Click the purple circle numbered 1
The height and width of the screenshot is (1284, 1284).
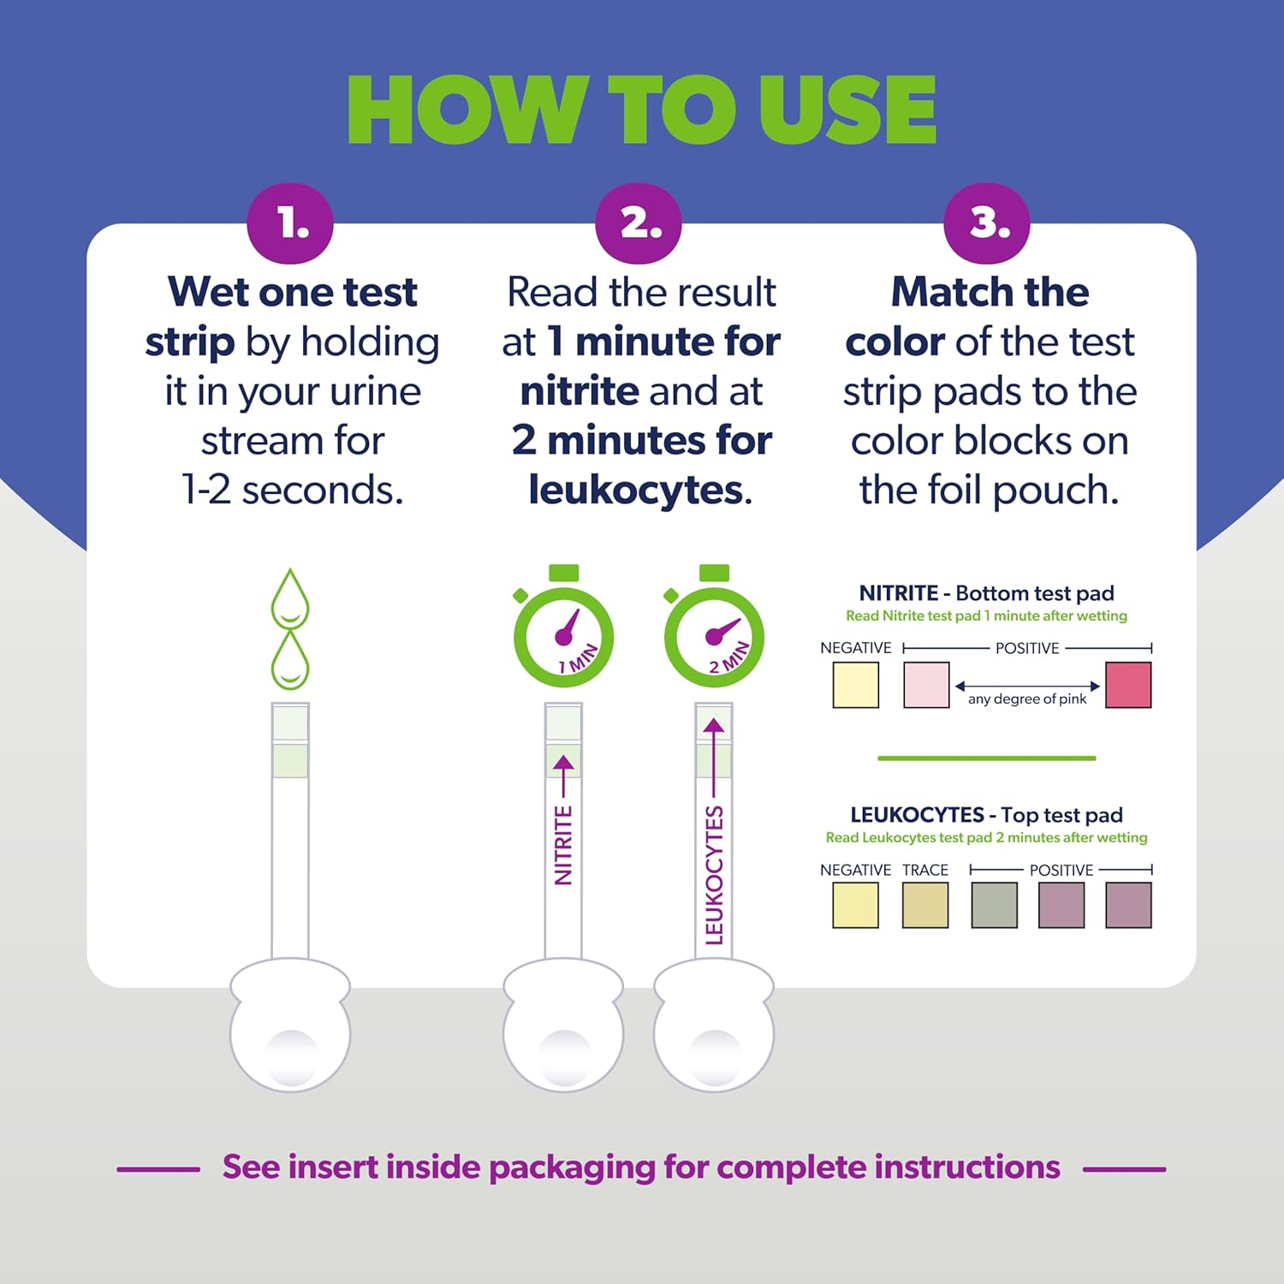pyautogui.click(x=290, y=223)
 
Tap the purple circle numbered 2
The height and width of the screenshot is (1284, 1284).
pyautogui.click(x=639, y=223)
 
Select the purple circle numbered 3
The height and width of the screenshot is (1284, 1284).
pyautogui.click(x=987, y=223)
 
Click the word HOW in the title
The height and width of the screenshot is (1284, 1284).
pyautogui.click(x=467, y=110)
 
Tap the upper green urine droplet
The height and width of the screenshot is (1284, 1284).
pyautogui.click(x=290, y=599)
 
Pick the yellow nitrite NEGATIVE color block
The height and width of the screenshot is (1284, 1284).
pyautogui.click(x=856, y=685)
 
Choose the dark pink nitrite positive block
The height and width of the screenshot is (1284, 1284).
pyautogui.click(x=1128, y=685)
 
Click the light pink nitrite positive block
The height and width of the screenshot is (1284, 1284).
pyautogui.click(x=926, y=685)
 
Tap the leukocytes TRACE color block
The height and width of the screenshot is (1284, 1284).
pyautogui.click(x=925, y=906)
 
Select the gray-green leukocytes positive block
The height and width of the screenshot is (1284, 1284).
pyautogui.click(x=995, y=906)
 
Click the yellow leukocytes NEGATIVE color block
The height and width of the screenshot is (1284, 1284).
pyautogui.click(x=856, y=906)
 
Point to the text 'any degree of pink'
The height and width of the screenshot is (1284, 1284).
pyautogui.click(x=1026, y=699)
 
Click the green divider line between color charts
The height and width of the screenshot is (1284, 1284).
pyautogui.click(x=986, y=758)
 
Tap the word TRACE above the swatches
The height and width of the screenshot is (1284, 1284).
pyautogui.click(x=925, y=870)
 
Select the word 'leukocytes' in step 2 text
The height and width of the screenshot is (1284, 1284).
pyautogui.click(x=636, y=490)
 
